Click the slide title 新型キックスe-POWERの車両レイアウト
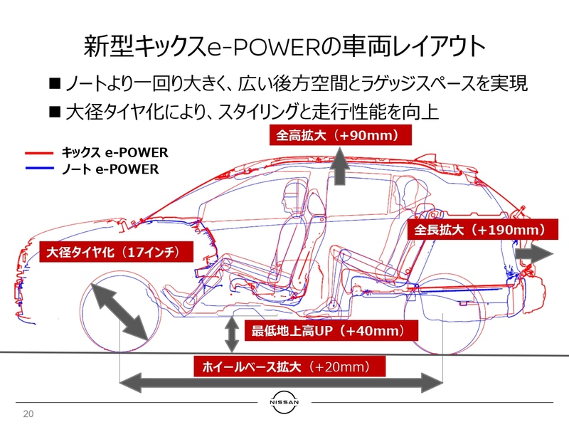pyautogui.click(x=284, y=46)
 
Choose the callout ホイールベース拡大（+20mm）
pyautogui.click(x=290, y=367)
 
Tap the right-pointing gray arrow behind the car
pyautogui.click(x=533, y=254)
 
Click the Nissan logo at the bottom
pyautogui.click(x=284, y=402)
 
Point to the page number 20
pyautogui.click(x=28, y=414)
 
